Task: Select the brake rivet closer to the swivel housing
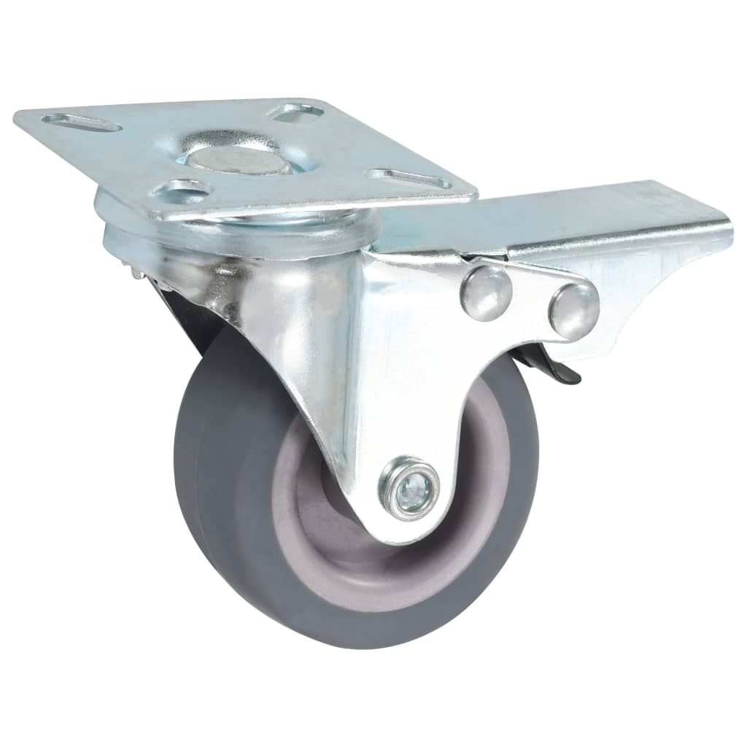[486, 292]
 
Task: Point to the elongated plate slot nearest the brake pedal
[409, 178]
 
